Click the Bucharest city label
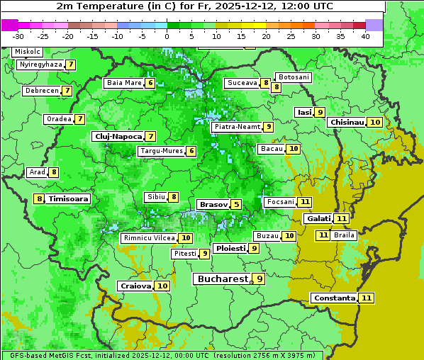223,279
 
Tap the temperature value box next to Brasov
236,205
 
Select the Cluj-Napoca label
117,136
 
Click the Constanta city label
333,298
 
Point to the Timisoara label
68,199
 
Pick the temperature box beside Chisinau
375,123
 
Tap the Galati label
318,219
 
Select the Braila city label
344,235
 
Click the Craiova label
135,286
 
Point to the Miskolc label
28,52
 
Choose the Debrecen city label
41,91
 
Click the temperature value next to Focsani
305,202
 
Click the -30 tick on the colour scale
18,36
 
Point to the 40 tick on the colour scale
365,36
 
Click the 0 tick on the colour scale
167,36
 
